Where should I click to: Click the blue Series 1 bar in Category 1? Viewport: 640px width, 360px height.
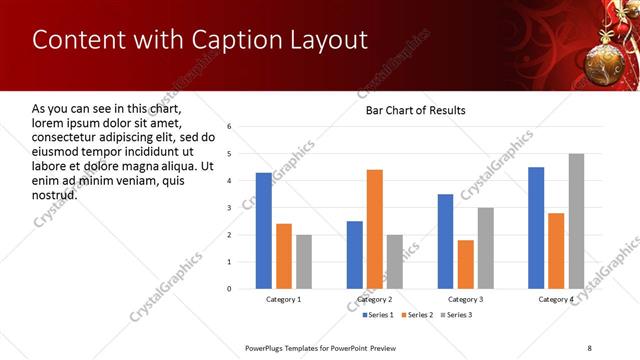[263, 230]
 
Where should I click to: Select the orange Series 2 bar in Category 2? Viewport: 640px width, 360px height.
[374, 229]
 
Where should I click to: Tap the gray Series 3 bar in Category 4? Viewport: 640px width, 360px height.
[575, 221]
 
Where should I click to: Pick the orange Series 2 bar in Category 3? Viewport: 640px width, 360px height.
[465, 264]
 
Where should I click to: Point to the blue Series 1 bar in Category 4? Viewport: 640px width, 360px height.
[536, 228]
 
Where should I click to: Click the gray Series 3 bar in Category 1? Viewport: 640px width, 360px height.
[303, 261]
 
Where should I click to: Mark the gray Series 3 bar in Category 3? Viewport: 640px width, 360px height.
[485, 248]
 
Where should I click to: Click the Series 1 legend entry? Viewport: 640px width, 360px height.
[376, 315]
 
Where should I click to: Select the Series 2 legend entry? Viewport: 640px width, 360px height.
[418, 315]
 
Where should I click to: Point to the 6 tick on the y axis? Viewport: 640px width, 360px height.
[229, 127]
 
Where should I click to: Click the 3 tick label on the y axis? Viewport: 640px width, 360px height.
[229, 208]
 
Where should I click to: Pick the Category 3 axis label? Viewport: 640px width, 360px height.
[465, 299]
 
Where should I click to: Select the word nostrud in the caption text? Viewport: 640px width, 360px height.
[55, 194]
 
